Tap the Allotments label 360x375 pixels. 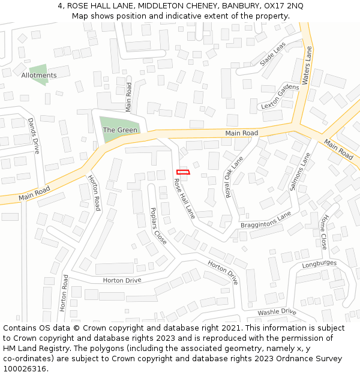coord(39,76)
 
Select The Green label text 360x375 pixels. coord(120,130)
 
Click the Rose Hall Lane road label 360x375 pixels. coord(184,198)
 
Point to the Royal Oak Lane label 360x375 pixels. coord(235,177)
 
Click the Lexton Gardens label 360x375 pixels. coord(280,97)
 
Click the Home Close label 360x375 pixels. coord(324,232)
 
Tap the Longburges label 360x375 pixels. coord(320,263)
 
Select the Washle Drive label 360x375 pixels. coord(277,312)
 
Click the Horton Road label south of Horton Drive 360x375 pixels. coord(64,292)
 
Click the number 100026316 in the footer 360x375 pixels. coord(25,369)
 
